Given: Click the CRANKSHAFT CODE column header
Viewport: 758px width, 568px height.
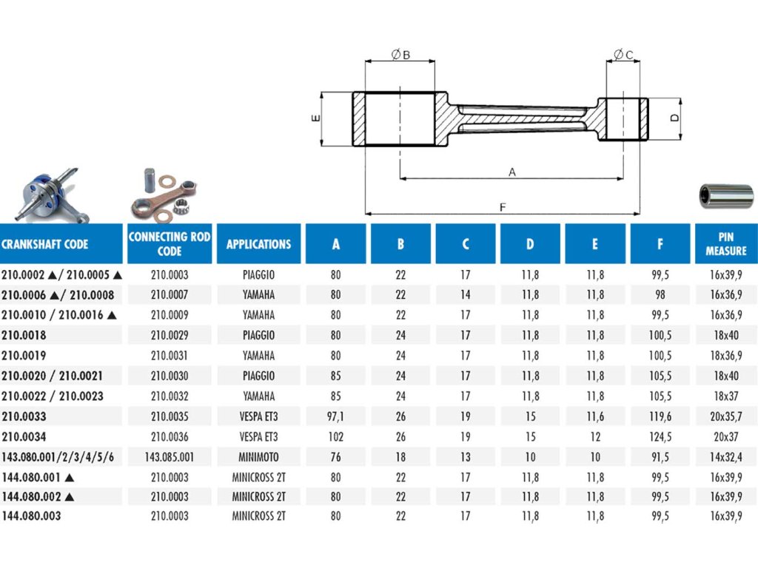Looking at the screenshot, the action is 45,244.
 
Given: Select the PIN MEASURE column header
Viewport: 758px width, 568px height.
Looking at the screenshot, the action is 725,244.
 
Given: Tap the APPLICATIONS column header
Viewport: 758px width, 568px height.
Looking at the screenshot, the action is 258,244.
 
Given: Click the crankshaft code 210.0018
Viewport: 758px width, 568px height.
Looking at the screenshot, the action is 24,335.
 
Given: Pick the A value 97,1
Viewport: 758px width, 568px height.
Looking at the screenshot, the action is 335,416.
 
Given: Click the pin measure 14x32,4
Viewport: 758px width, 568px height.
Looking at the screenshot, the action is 725,457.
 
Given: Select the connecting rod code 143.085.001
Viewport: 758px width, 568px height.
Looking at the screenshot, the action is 170,457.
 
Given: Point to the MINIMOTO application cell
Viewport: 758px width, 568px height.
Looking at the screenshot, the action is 258,457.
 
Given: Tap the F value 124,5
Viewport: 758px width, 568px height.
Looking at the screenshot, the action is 660,436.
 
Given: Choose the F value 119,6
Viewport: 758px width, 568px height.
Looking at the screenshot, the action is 660,416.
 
